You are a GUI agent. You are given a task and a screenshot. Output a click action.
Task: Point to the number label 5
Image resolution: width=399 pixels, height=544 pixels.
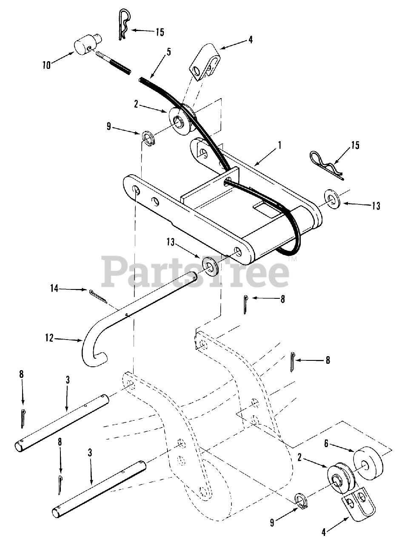coord(169,52)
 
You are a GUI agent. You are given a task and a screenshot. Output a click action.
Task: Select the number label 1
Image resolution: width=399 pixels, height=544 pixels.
coord(280,145)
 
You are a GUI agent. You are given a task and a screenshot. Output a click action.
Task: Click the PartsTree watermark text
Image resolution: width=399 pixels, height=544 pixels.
coord(196,271)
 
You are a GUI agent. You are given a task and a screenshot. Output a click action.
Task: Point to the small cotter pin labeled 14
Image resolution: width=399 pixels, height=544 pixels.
coord(98,296)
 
